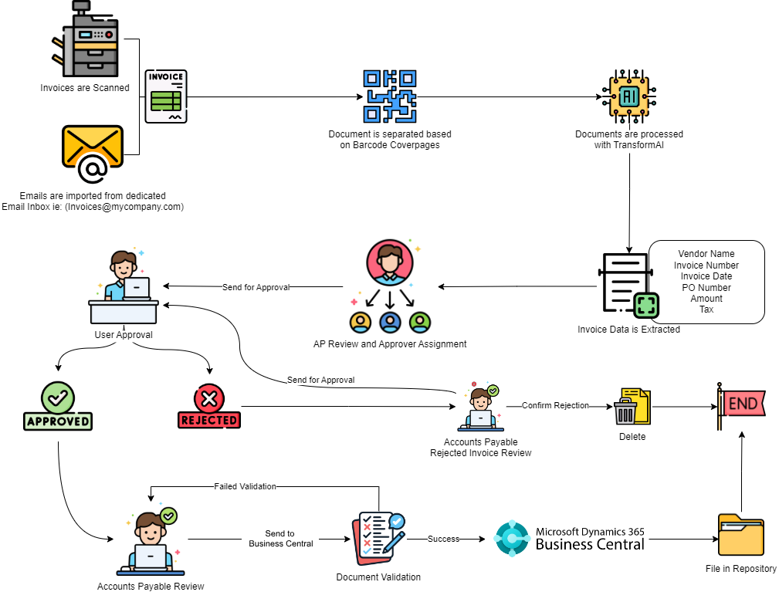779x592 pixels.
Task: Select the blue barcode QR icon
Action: coord(390,96)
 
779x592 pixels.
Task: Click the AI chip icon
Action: coord(628,96)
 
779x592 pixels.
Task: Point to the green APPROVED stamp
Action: coord(58,406)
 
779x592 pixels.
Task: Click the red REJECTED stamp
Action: coord(208,406)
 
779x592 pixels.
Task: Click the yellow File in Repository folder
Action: coord(740,535)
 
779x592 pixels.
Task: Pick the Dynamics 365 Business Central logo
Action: coord(570,539)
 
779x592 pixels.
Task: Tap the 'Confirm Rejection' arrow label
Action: coord(555,405)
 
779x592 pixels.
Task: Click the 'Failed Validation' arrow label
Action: coord(245,486)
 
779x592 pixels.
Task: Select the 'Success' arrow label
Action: coord(443,539)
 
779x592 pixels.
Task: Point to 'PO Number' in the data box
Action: coord(706,288)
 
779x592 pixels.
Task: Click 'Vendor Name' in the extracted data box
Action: coord(706,254)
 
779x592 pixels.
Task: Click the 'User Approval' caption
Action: coord(123,335)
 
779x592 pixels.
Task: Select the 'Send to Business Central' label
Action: coord(280,539)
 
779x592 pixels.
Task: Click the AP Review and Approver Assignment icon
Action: coord(390,286)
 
